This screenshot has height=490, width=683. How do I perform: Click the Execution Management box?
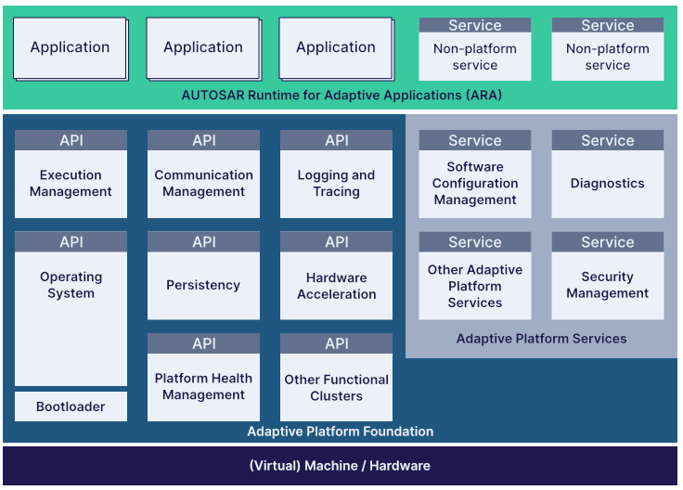pyautogui.click(x=71, y=184)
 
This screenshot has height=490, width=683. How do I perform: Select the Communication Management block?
pyautogui.click(x=203, y=184)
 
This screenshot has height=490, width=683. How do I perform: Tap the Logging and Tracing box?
pyautogui.click(x=336, y=184)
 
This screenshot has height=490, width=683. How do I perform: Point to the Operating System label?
pyautogui.click(x=71, y=285)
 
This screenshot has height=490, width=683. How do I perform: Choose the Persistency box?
pyautogui.click(x=203, y=286)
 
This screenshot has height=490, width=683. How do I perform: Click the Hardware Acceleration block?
pyautogui.click(x=336, y=286)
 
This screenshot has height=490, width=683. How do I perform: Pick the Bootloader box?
pyautogui.click(x=71, y=406)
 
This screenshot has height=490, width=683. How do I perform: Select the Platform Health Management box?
pyautogui.click(x=203, y=387)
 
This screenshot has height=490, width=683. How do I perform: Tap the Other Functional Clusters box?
pyautogui.click(x=336, y=388)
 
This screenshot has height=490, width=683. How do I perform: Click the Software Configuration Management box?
pyautogui.click(x=475, y=184)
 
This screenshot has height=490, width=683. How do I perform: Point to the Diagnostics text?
pyautogui.click(x=608, y=184)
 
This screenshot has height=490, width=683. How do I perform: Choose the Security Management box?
pyautogui.click(x=608, y=285)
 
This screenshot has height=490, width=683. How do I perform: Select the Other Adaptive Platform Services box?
pyautogui.click(x=475, y=286)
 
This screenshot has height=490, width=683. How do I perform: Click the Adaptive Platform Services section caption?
pyautogui.click(x=541, y=339)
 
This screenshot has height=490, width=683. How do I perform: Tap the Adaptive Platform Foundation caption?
pyautogui.click(x=340, y=432)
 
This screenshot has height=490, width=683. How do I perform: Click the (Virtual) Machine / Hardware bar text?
pyautogui.click(x=340, y=466)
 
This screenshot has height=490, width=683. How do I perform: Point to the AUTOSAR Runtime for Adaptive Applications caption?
pyautogui.click(x=341, y=95)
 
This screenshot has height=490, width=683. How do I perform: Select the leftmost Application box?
pyautogui.click(x=70, y=47)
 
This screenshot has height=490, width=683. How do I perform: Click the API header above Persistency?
pyautogui.click(x=203, y=242)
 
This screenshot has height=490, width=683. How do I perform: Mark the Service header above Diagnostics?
pyautogui.click(x=608, y=140)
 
